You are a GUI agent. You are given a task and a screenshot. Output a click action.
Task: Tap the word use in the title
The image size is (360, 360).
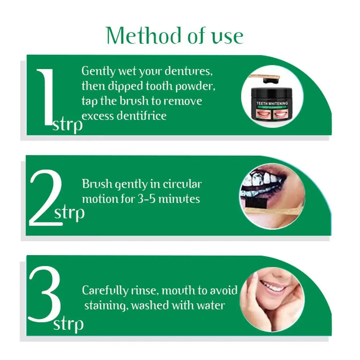click(x=226, y=37)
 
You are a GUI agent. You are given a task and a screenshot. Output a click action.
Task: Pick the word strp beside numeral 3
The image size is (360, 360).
click(x=68, y=324)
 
